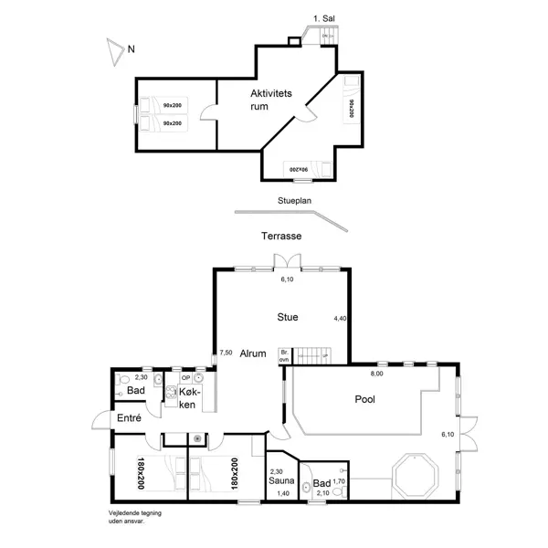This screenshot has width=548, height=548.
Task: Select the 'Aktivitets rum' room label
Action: tap(271, 100)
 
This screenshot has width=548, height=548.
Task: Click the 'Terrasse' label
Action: tap(281, 236)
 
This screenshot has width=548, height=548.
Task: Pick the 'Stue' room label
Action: tap(288, 318)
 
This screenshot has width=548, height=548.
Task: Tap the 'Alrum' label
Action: tap(253, 353)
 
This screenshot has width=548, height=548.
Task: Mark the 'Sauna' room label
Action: tap(280, 480)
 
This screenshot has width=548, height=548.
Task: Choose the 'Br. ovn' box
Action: tap(284, 354)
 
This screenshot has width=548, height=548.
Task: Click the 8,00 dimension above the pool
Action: tap(376, 374)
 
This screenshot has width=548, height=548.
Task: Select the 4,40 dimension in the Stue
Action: tap(340, 319)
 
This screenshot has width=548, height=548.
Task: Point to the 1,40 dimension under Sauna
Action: tap(283, 493)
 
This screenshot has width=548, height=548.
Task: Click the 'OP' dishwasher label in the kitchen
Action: tap(185, 377)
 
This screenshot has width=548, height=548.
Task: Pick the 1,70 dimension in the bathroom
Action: tap(338, 481)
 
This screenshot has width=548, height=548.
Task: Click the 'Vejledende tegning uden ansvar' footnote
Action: tap(128, 517)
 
